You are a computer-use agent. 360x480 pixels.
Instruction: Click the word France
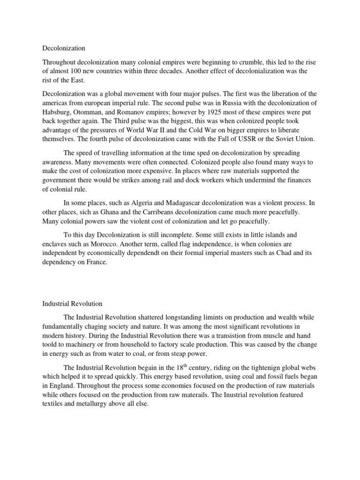(96, 262)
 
